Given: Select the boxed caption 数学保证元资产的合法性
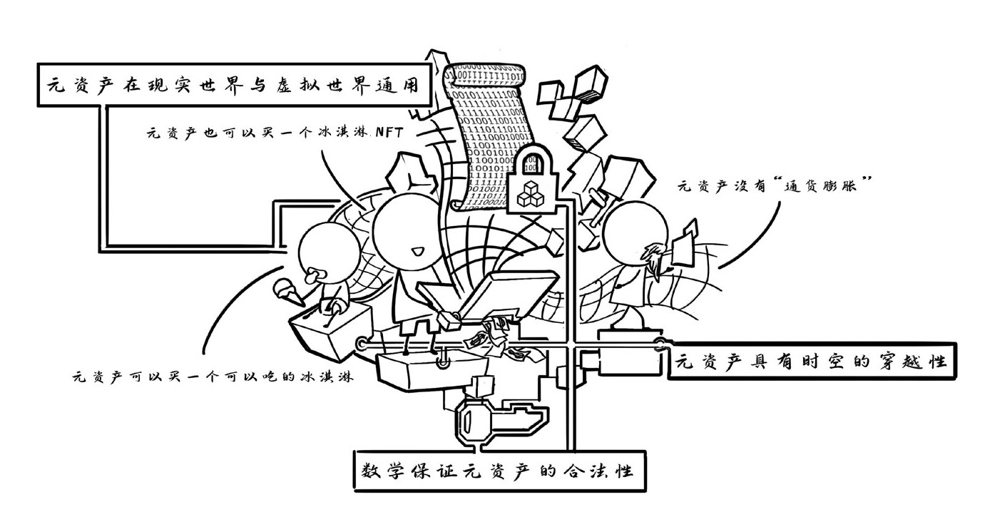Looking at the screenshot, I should point(499,471).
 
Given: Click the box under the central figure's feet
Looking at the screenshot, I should point(414,368).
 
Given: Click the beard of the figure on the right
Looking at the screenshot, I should point(653,258).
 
